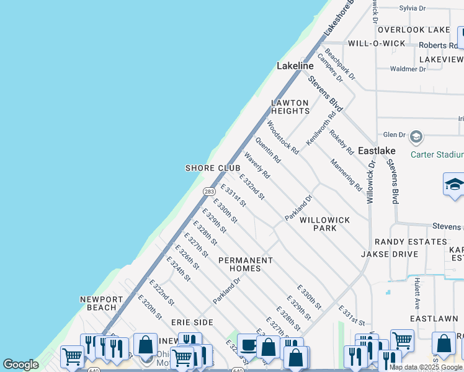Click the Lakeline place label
click(295, 66)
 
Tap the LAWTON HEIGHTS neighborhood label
click(290, 107)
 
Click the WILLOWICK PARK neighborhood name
click(324, 224)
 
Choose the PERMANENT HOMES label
click(245, 264)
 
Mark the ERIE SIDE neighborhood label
click(192, 322)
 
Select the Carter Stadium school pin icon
click(416, 136)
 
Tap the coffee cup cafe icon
click(249, 345)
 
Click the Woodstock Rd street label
click(283, 137)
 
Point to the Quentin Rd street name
click(268, 151)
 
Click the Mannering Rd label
click(346, 174)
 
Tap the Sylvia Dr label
click(413, 8)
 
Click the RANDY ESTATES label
click(409, 242)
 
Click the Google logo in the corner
click(20, 365)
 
